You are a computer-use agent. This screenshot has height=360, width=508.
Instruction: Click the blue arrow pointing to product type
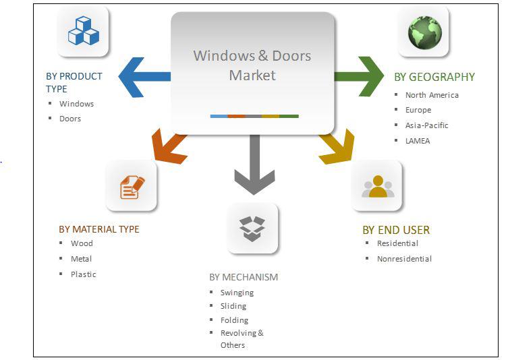(x=144, y=77)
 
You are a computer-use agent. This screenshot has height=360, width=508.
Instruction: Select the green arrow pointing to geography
(x=359, y=76)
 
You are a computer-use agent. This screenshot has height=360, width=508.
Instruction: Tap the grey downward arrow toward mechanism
(x=254, y=164)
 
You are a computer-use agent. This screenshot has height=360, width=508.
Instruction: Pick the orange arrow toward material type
(x=169, y=147)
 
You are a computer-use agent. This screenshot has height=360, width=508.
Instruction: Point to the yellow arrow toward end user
(x=337, y=147)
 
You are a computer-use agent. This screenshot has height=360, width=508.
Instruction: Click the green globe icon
(x=425, y=32)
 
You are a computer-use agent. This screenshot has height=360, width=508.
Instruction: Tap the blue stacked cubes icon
(x=83, y=32)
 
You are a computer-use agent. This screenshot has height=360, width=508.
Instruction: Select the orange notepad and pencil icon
(x=132, y=187)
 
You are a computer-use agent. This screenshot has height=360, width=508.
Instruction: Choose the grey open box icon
(x=252, y=229)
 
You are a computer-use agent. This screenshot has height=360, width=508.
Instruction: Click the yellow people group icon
(x=378, y=186)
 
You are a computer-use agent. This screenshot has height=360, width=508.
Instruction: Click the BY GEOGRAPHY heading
(x=434, y=77)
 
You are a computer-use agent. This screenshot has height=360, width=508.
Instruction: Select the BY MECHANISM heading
(x=244, y=277)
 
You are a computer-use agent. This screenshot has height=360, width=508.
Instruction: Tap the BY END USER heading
(x=396, y=230)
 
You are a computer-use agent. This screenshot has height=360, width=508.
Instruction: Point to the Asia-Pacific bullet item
(x=426, y=125)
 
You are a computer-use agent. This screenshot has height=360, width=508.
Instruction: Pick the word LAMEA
(x=418, y=141)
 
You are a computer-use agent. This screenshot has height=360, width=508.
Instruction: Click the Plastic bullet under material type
(x=83, y=274)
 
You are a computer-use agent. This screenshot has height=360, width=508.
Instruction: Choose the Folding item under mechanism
(x=234, y=320)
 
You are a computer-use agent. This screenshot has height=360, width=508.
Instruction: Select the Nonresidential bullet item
(x=404, y=259)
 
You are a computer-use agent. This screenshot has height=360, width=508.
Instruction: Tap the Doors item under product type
(x=70, y=119)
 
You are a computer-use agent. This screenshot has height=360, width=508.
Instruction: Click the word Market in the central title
(x=252, y=76)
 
